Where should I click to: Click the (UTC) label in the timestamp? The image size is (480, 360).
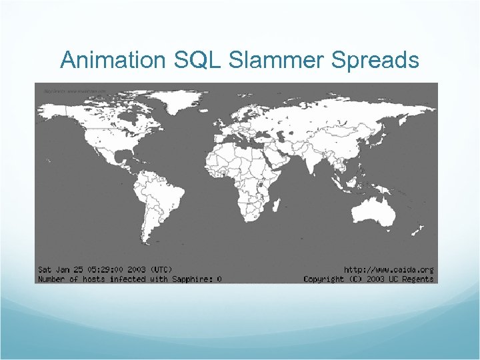(159, 269)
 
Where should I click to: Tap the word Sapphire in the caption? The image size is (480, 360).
(190, 279)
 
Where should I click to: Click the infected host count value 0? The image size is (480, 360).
(219, 279)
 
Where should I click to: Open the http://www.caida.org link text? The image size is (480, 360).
(389, 269)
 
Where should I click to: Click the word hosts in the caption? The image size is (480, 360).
(95, 279)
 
